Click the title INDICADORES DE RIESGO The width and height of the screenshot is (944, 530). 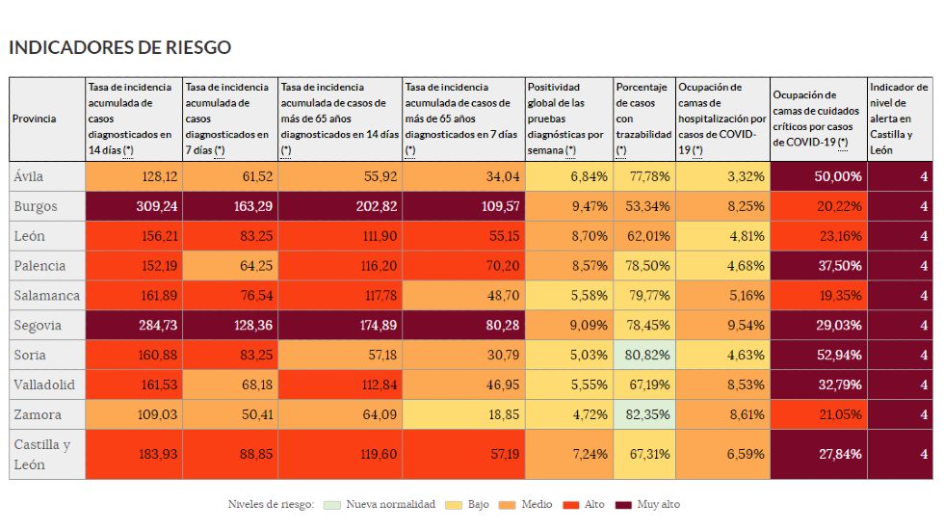click(x=119, y=47)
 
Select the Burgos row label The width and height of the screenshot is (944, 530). click(x=38, y=206)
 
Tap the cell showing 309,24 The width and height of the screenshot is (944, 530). click(x=134, y=206)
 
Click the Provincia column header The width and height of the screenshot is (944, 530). click(x=35, y=119)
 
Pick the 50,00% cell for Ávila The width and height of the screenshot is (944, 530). click(x=819, y=176)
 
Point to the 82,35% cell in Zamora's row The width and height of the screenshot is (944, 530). click(x=644, y=414)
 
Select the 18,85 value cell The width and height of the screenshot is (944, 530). click(x=464, y=414)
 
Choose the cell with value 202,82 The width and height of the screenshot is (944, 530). click(x=340, y=206)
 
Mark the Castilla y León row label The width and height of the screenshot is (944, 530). click(x=42, y=454)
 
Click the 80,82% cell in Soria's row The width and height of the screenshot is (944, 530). click(x=644, y=355)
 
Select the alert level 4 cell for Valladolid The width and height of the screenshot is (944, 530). click(x=901, y=384)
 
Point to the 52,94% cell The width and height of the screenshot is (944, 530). click(x=819, y=355)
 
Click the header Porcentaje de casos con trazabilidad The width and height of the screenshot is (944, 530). click(x=643, y=119)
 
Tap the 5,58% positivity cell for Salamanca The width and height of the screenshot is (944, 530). click(x=569, y=295)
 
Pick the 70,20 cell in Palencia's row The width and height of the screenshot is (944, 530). click(x=464, y=265)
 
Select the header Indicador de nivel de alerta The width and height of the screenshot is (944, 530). click(x=900, y=119)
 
